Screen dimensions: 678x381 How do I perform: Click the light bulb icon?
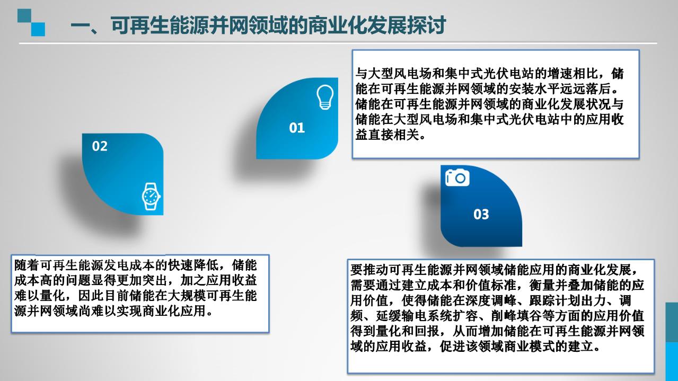325,97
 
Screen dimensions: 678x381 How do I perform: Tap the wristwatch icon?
151,197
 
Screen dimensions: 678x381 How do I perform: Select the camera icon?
457,178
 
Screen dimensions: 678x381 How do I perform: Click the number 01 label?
297,128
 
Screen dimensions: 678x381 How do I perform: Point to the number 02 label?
100,146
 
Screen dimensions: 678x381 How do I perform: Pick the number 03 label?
481,214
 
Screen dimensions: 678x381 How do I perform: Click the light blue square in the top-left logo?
38,29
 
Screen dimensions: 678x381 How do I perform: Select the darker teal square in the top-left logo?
24,16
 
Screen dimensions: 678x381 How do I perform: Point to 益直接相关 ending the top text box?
388,135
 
